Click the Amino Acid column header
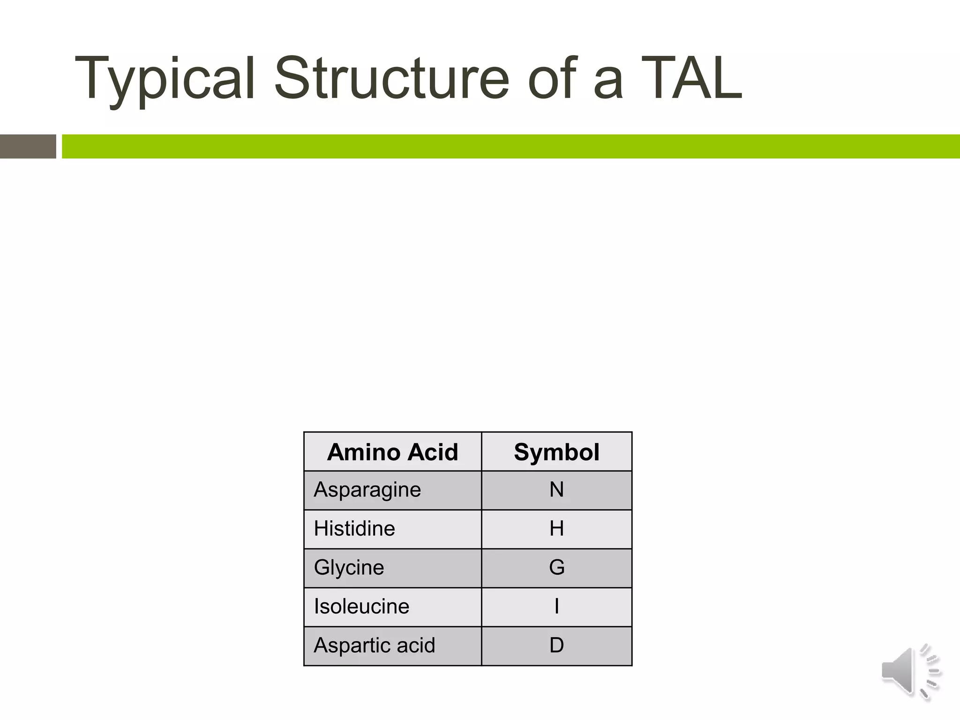tap(392, 452)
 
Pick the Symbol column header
tap(556, 452)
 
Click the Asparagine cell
tap(367, 490)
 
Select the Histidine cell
tap(354, 529)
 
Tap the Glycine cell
tap(349, 568)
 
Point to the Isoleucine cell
tap(361, 607)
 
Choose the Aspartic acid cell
tap(374, 645)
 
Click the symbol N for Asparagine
tap(556, 490)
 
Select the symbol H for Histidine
tap(556, 529)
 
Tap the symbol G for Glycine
tap(556, 568)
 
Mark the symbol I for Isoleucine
tap(556, 607)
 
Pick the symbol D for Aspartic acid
tap(556, 645)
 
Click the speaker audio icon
tap(910, 672)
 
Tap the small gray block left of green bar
tap(28, 146)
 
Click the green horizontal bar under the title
tap(511, 146)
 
